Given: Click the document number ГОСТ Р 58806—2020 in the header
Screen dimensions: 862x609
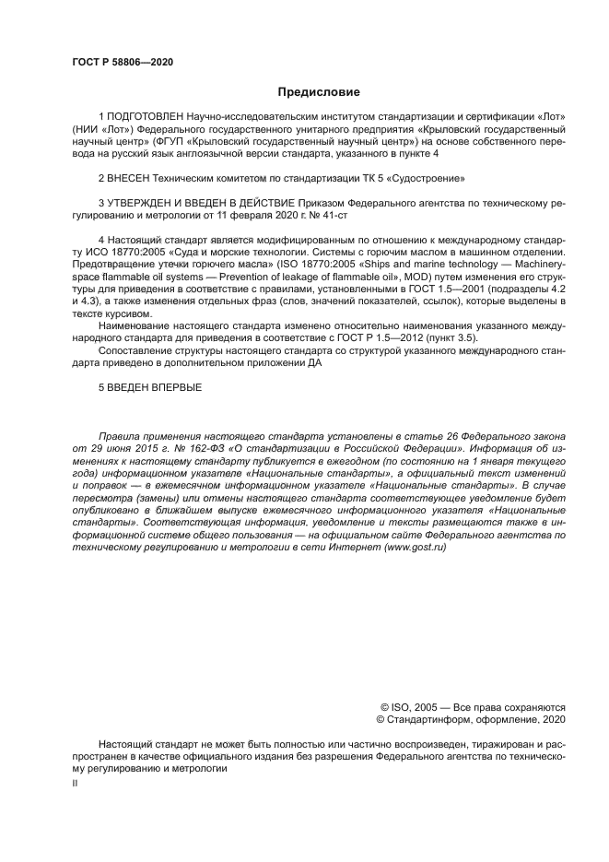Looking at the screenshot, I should click(x=123, y=63).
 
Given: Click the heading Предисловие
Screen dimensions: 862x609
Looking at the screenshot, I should click(x=319, y=92).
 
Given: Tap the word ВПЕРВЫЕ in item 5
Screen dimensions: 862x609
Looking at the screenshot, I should click(x=170, y=388).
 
